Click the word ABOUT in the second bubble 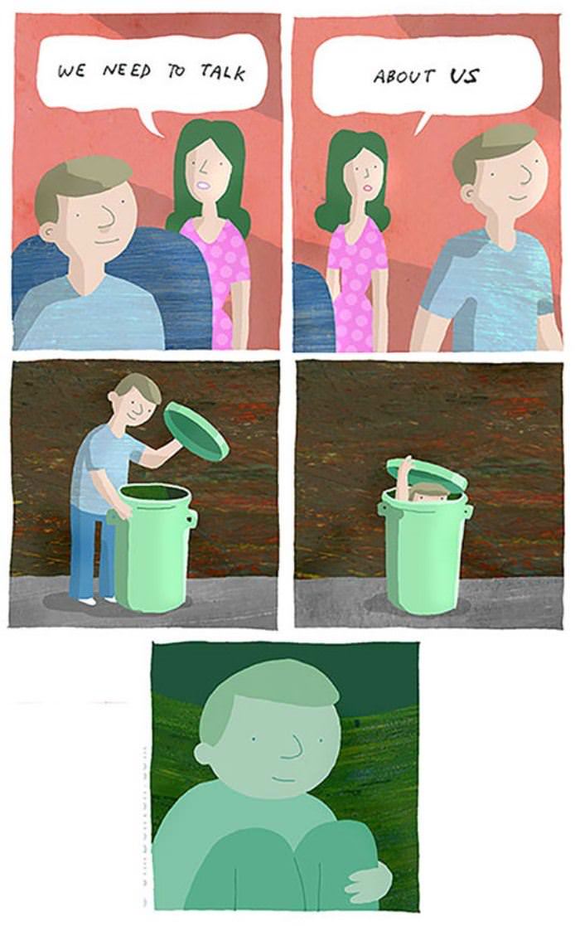tap(404, 77)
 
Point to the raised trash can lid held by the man tap(196, 430)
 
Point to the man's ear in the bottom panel tap(204, 753)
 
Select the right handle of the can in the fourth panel tap(468, 511)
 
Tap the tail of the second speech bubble tap(423, 121)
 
